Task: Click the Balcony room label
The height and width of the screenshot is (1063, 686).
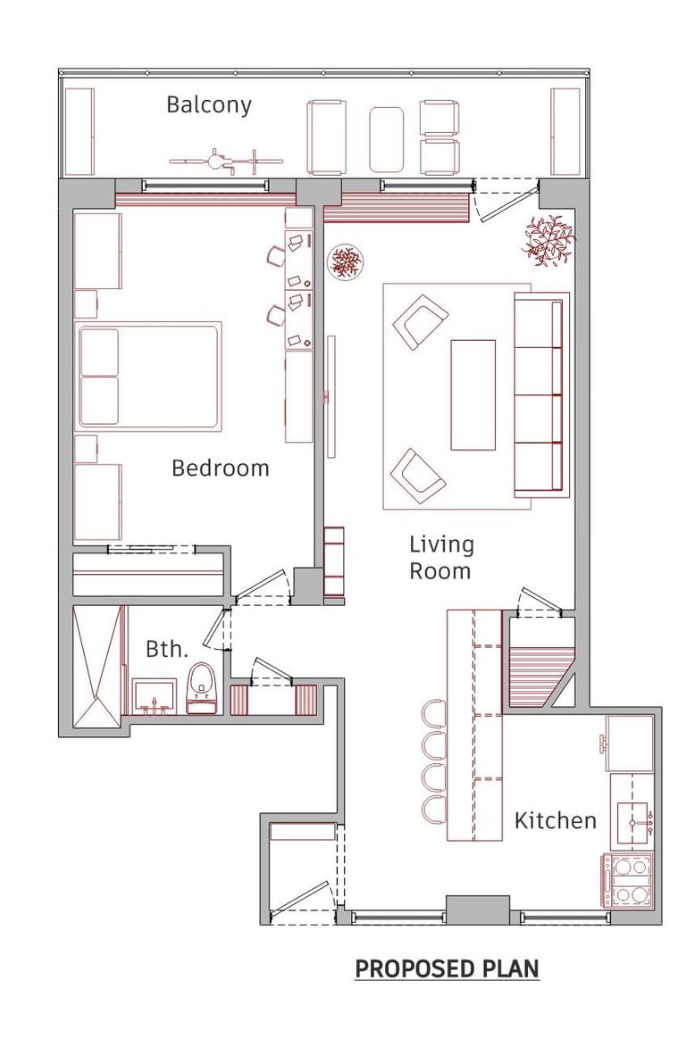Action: point(208,105)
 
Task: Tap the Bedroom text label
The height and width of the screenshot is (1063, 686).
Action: point(220,468)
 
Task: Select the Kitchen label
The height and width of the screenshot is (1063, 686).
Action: point(555,820)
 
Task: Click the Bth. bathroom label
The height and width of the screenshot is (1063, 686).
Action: point(167,649)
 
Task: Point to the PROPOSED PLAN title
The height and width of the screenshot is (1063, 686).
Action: point(448,968)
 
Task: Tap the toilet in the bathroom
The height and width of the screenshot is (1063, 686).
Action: point(202,688)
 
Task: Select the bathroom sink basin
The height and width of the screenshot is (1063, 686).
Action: point(154,696)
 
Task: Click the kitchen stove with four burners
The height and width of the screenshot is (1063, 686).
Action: point(629,881)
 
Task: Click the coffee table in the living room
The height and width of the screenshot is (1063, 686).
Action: point(473,394)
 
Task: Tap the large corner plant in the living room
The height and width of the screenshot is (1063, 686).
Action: point(548,238)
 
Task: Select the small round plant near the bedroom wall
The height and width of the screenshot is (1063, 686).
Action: point(346,261)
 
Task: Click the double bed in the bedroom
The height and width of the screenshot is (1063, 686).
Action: point(148,377)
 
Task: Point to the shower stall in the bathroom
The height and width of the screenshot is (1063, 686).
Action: point(96,667)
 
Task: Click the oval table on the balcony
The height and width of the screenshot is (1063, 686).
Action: point(386,139)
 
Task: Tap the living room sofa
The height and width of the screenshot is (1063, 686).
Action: point(540,394)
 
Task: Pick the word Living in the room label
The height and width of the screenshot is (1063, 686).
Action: point(442,545)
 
